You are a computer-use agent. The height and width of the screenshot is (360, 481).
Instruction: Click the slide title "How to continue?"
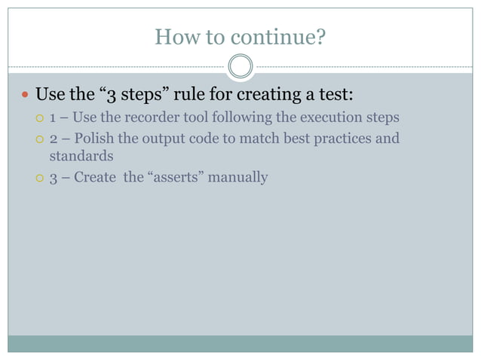(240, 36)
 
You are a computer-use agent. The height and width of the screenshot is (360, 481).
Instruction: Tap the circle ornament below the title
(240, 67)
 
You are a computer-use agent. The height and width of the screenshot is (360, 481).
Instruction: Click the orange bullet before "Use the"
(24, 96)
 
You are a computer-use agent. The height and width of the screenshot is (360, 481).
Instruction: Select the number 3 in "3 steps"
(109, 96)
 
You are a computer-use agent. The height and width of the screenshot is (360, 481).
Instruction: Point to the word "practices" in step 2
(339, 139)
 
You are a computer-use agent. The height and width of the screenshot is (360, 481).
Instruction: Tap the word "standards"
(81, 157)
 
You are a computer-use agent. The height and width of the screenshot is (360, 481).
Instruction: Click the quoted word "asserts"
(176, 178)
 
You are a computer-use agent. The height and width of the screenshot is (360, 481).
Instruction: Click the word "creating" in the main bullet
(271, 96)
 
